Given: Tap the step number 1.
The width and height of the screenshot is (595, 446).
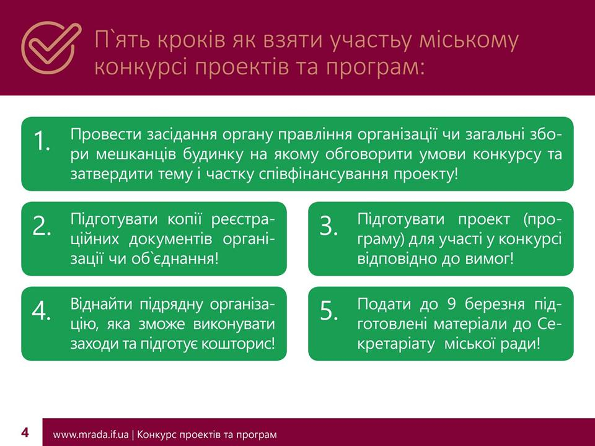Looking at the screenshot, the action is pos(42,141).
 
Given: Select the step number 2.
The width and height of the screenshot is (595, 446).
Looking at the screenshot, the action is pos(42,226).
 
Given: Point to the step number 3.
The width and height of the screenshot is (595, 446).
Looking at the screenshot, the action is pos(328,226).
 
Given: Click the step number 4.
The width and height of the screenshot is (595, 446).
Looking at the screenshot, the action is pos(42,311).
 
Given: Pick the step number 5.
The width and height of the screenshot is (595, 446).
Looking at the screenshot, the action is pos(328,311).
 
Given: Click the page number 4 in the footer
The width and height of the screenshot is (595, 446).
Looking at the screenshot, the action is pos(25,432).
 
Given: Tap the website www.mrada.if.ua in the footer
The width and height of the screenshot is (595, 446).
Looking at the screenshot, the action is pos(90,434).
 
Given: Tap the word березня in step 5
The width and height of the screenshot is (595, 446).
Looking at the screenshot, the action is pos(495,305).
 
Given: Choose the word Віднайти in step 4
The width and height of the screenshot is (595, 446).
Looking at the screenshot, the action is pos(101,304).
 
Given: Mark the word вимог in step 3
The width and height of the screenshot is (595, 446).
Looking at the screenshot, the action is pos(490,260).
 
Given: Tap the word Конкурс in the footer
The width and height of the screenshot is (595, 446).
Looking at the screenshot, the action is pos(154,434).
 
